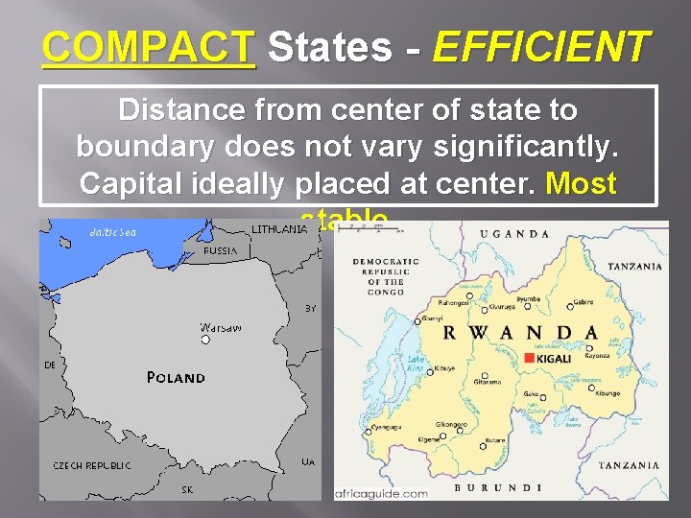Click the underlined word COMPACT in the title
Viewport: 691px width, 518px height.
click(x=149, y=45)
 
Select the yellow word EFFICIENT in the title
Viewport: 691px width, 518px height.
click(x=541, y=45)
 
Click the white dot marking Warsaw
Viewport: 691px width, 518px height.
click(x=204, y=339)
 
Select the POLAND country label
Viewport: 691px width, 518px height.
click(x=176, y=378)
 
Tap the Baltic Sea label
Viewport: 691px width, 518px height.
click(x=112, y=232)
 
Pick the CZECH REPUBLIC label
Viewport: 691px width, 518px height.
click(x=92, y=465)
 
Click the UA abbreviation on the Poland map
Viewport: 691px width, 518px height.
click(x=308, y=461)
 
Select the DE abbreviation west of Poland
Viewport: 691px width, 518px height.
click(x=49, y=365)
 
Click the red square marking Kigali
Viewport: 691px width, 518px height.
click(x=530, y=358)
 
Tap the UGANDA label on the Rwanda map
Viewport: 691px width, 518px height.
click(x=516, y=234)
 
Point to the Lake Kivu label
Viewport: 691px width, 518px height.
click(x=415, y=364)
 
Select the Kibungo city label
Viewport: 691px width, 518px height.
click(x=607, y=393)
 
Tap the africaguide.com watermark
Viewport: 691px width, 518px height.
click(x=381, y=493)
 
